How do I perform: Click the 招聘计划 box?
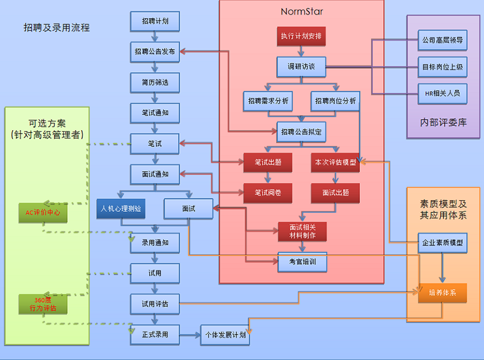coord(155,21)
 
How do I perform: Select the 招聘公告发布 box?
coord(155,51)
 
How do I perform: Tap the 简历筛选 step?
coord(155,82)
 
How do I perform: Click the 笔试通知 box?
coord(155,113)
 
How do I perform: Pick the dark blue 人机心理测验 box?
coord(121,209)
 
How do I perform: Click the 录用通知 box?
coord(155,243)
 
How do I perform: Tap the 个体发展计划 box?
coord(225,335)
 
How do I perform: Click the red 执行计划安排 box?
coord(301,36)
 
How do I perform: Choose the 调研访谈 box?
coord(301,67)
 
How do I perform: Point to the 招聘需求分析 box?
coord(268,100)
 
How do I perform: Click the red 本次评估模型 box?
coord(335,162)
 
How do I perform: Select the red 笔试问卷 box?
coord(268,193)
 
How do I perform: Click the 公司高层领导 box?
coord(442,41)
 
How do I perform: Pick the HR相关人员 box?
coord(442,93)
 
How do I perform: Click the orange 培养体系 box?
coord(442,293)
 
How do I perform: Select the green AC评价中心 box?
coord(42,213)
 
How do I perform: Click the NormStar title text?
coord(301,11)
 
